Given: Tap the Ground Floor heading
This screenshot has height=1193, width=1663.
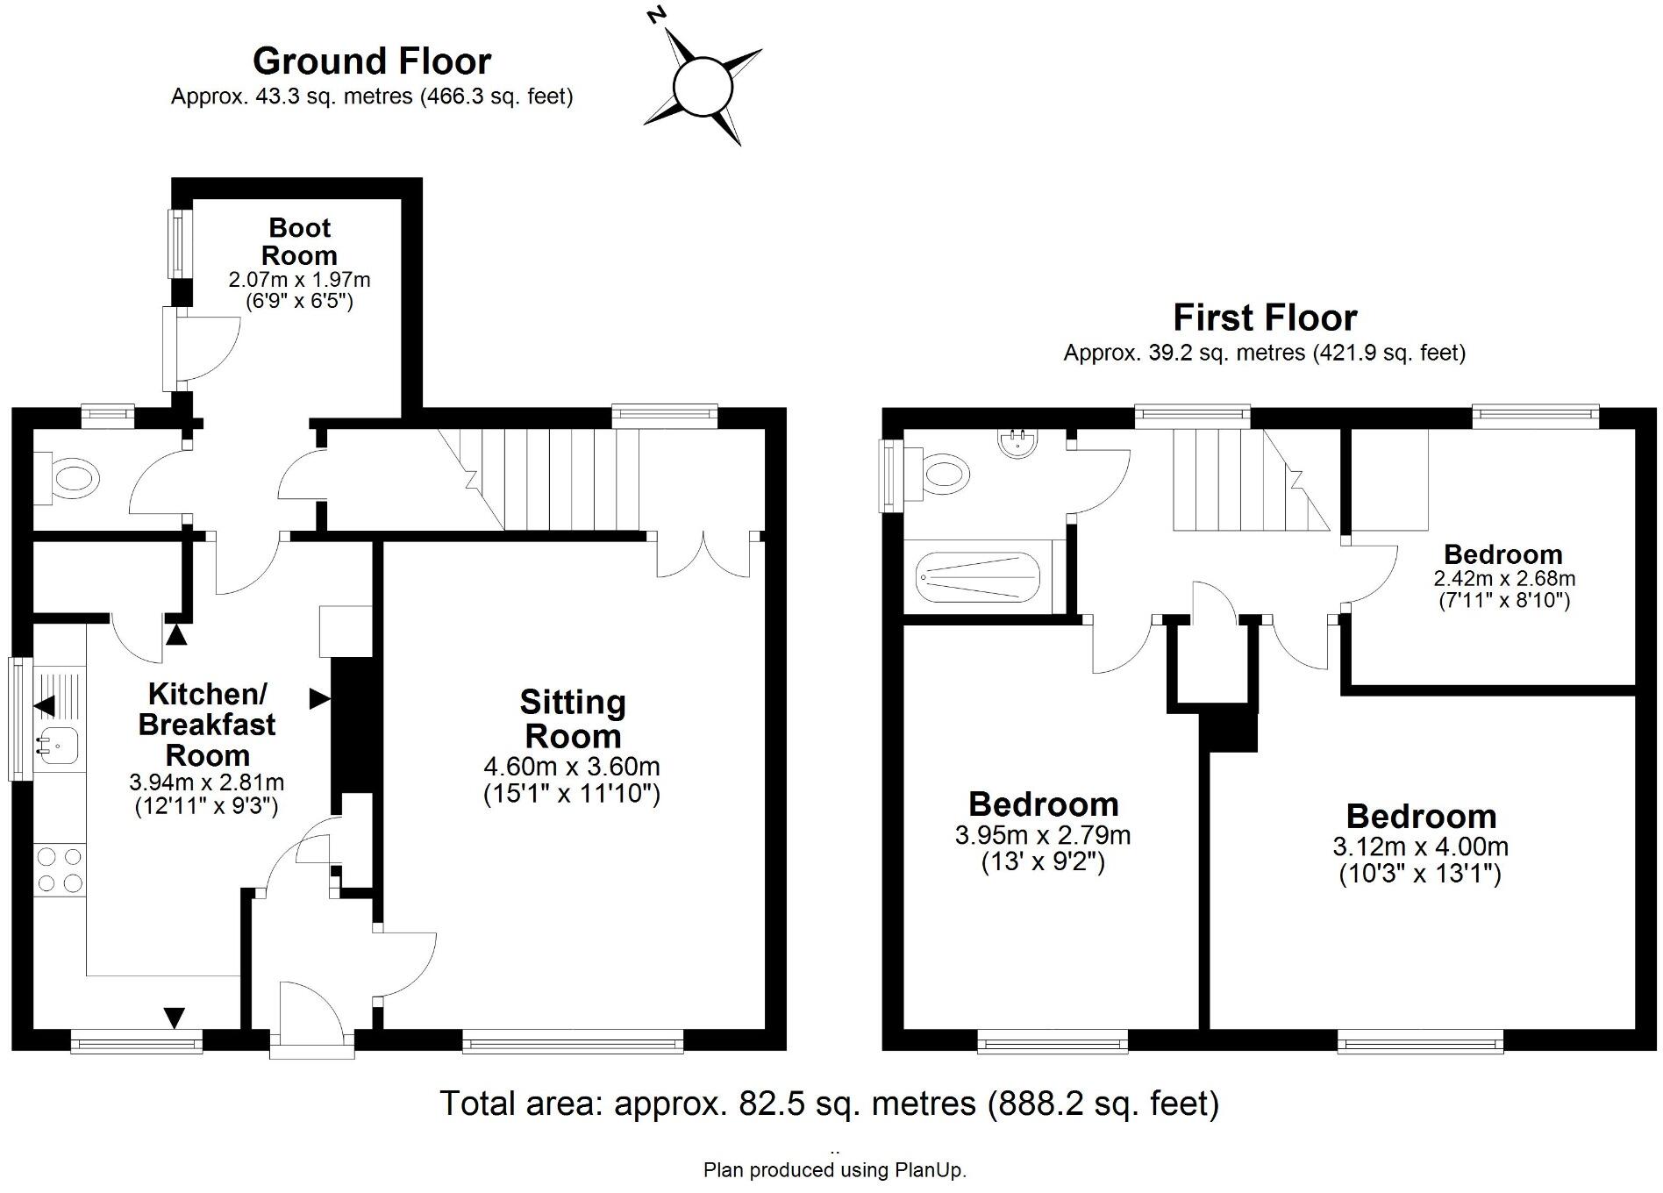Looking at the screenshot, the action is click(x=372, y=61).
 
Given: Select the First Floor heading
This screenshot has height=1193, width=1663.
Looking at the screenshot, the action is click(x=1265, y=318).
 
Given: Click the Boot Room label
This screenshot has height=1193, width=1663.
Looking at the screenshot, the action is click(x=300, y=241).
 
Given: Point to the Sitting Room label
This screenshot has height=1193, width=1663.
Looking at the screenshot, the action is click(x=572, y=718).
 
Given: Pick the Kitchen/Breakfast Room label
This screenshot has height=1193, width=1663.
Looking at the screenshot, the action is click(x=207, y=725).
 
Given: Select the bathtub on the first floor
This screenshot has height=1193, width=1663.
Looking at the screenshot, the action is click(x=977, y=577).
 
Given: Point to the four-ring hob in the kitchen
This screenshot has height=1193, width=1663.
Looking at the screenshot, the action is click(x=60, y=869).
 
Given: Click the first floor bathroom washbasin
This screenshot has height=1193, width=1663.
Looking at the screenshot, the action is click(x=1018, y=441).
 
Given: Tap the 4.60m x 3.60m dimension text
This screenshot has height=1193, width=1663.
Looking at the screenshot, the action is click(x=572, y=766).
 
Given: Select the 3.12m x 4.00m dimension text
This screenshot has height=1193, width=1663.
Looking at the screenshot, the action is click(x=1421, y=847).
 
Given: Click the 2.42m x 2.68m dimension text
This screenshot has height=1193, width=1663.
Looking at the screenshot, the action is click(x=1504, y=578).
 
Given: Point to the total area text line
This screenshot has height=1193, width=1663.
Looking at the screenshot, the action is click(x=829, y=1103).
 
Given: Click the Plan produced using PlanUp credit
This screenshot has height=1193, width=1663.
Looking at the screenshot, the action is click(x=835, y=1169).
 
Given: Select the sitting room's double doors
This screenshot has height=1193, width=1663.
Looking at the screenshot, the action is click(x=703, y=554).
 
